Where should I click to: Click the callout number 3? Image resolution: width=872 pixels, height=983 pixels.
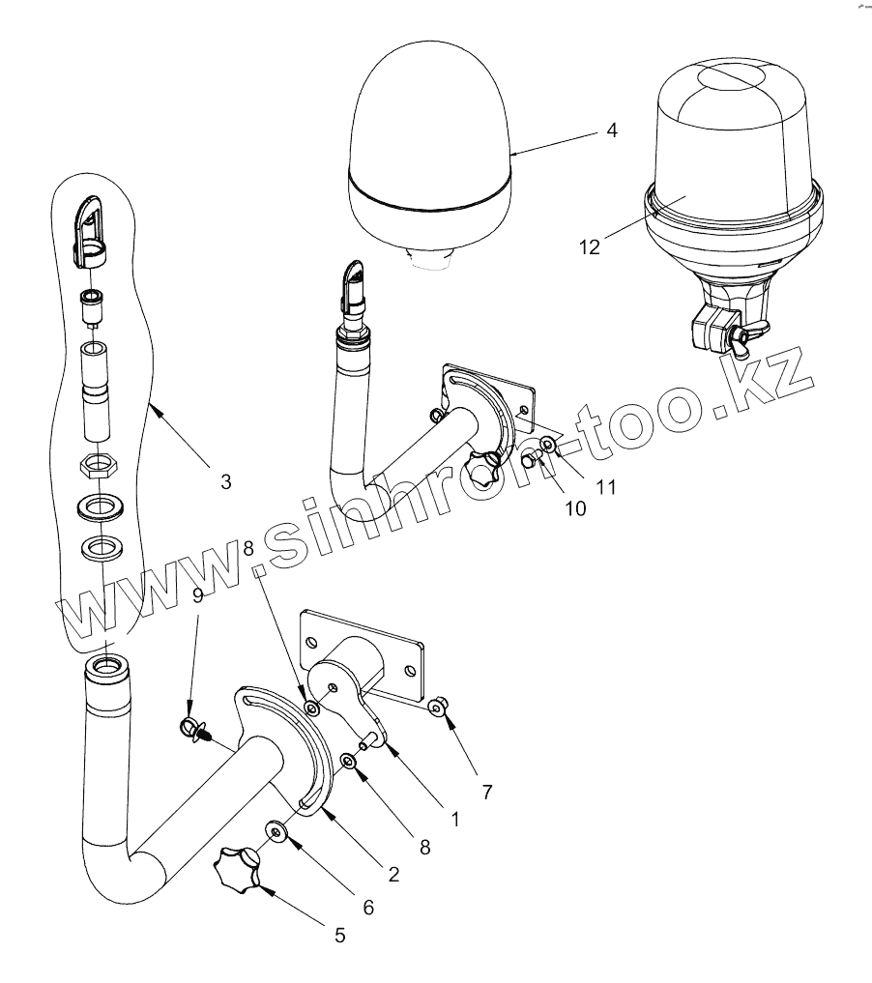(225, 481)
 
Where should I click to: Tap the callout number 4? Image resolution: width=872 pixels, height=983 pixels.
(612, 130)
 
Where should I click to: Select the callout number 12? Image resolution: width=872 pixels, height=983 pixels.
(590, 246)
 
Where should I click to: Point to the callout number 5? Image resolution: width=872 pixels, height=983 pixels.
(338, 935)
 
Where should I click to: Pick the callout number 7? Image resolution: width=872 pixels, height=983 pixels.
(487, 793)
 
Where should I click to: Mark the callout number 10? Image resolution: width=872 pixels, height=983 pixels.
(575, 508)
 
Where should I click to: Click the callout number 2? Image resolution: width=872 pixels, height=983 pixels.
(393, 874)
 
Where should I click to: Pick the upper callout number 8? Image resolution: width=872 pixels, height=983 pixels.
(249, 548)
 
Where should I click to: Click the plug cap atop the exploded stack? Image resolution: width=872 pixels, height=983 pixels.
(92, 232)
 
